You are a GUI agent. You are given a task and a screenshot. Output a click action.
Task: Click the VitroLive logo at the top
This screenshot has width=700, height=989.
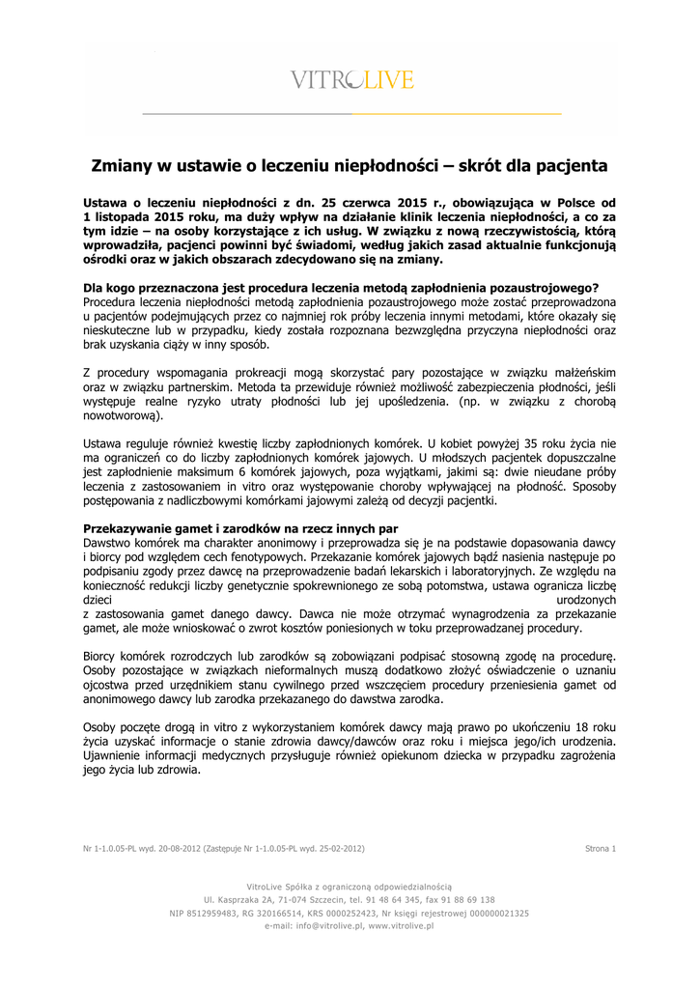(x=351, y=80)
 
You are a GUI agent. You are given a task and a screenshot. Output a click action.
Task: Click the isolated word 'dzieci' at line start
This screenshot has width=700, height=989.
(x=99, y=600)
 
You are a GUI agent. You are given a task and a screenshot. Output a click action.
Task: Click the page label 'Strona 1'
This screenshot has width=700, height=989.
(x=600, y=848)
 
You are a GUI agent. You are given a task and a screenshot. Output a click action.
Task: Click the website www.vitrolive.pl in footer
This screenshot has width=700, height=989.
(x=400, y=925)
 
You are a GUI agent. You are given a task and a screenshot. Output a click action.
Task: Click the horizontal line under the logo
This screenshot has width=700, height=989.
(x=350, y=113)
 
